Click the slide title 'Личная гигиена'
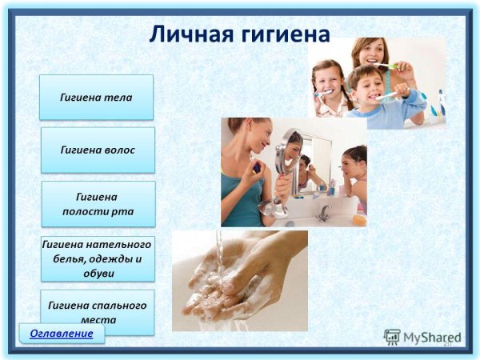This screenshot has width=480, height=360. (x=239, y=34)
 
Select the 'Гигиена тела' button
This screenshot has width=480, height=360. (x=97, y=98)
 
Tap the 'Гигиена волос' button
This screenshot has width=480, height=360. (x=98, y=150)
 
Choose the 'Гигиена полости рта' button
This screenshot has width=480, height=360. (x=98, y=204)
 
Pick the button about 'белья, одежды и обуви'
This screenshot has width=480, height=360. (x=98, y=259)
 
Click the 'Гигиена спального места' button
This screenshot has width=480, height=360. (x=97, y=312)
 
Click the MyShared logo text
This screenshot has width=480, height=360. (x=432, y=338)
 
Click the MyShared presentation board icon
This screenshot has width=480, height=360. (x=392, y=338)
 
